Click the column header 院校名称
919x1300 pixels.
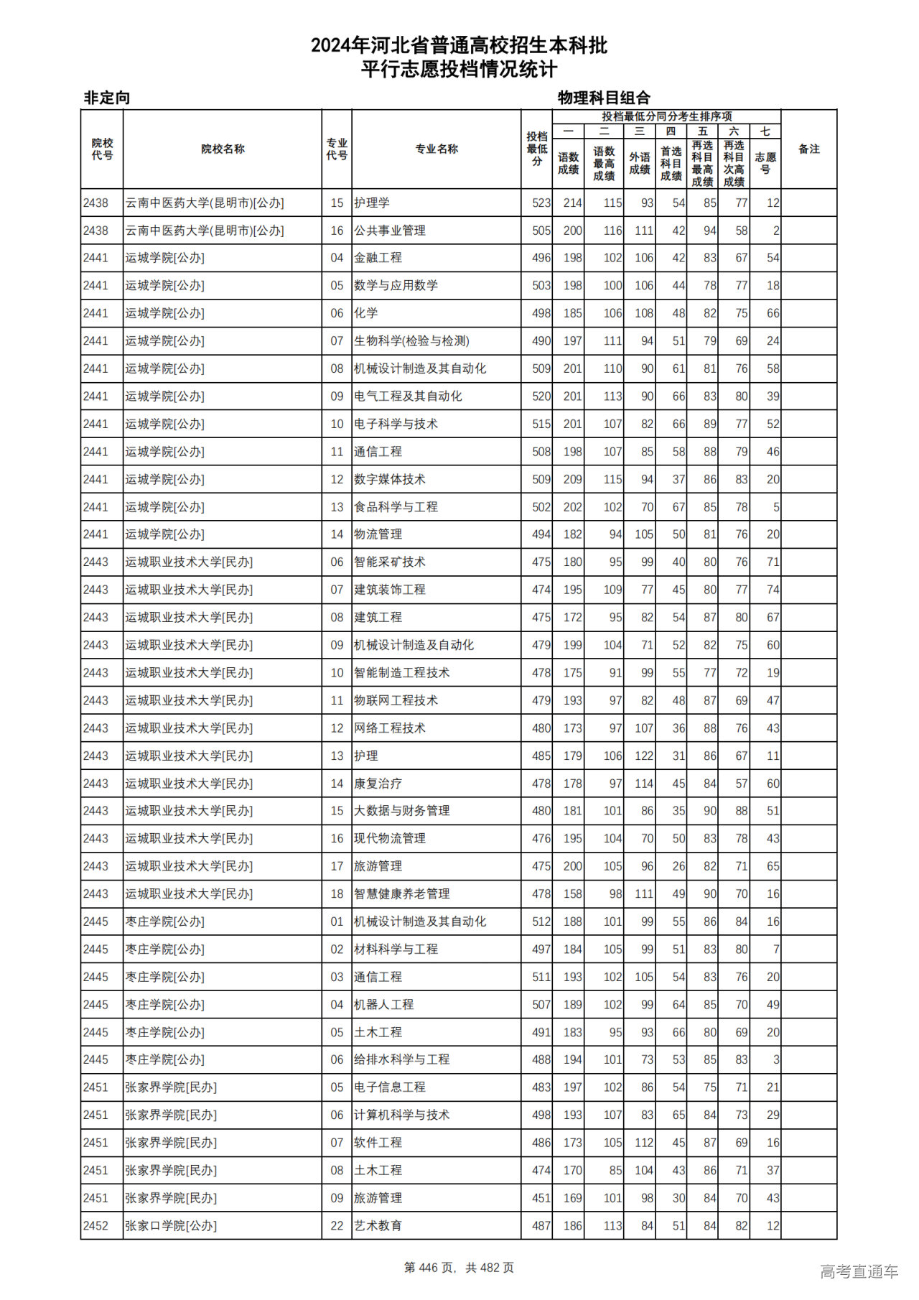(x=223, y=149)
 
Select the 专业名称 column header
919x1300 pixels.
(x=437, y=149)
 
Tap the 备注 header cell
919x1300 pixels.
(x=808, y=149)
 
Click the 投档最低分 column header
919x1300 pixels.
(x=536, y=149)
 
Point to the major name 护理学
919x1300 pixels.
(x=372, y=203)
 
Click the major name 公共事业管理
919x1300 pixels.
(x=390, y=231)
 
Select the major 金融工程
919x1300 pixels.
(x=378, y=258)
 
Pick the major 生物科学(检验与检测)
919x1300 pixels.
(x=411, y=341)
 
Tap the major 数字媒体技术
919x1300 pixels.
(x=390, y=479)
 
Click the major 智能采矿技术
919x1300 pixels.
(x=390, y=562)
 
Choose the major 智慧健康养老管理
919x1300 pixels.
(x=402, y=894)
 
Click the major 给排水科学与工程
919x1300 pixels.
(x=402, y=1059)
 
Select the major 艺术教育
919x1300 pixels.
(x=378, y=1226)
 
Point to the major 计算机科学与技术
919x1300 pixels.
(x=402, y=1115)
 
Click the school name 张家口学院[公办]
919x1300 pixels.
(x=171, y=1226)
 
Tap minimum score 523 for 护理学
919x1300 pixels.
(x=541, y=203)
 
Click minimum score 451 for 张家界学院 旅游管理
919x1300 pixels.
(x=541, y=1198)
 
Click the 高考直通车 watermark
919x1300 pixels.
(x=859, y=1271)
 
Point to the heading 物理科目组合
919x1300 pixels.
(x=604, y=98)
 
